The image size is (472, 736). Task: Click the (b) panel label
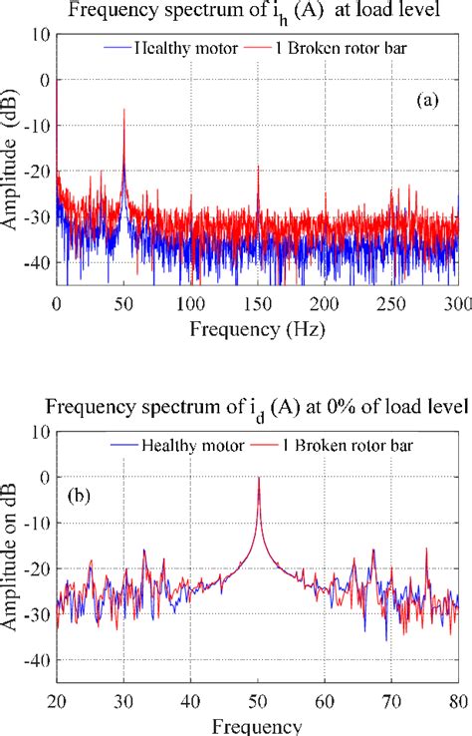coord(80,495)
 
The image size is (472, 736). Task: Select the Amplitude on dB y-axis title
coord(13,553)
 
